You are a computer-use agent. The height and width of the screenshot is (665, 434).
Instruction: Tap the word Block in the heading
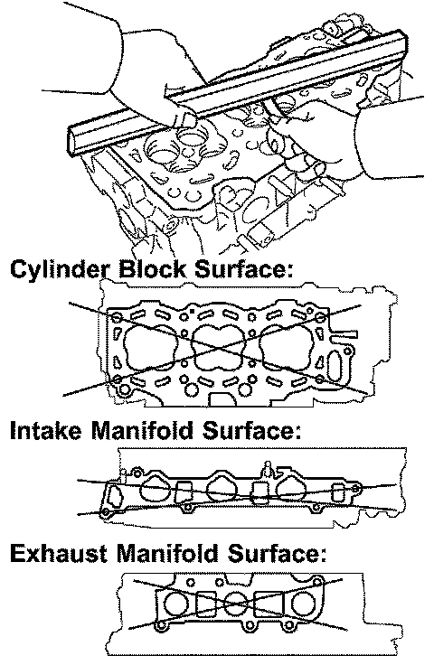[152, 268]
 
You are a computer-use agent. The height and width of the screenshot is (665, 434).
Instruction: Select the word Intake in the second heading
[45, 430]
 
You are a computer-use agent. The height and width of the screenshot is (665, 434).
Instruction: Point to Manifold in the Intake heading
[142, 430]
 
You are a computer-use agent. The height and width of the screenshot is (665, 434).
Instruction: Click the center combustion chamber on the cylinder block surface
[219, 347]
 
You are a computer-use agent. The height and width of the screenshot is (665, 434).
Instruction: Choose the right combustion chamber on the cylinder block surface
[288, 347]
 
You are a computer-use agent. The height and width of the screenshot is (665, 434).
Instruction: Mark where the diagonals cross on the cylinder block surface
[220, 346]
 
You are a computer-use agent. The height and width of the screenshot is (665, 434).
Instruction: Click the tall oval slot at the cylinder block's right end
[334, 366]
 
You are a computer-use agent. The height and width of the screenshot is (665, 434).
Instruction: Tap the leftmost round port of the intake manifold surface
[156, 490]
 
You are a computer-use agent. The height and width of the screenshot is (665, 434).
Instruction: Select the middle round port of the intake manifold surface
[222, 490]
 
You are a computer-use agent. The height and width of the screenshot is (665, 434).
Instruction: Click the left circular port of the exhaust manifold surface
[175, 604]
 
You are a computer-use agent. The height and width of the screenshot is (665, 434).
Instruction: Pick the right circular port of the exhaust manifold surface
[303, 604]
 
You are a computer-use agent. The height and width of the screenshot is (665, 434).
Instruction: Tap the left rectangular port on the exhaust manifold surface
[207, 604]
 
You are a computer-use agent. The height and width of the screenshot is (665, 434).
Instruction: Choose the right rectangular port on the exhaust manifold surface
[269, 604]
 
